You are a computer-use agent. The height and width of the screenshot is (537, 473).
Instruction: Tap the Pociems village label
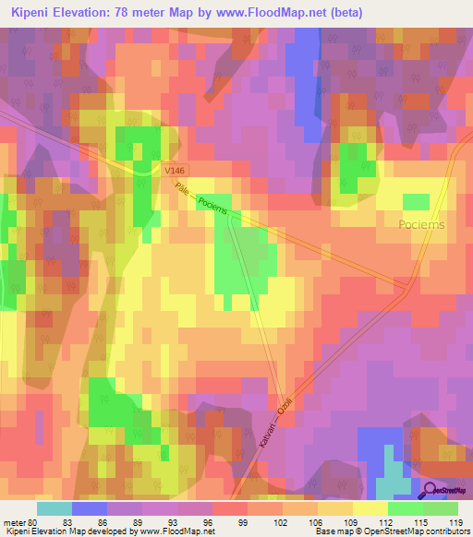click(x=421, y=224)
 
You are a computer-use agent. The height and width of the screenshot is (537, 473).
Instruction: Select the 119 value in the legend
click(x=455, y=522)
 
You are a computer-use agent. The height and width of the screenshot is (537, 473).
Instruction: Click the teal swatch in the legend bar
click(x=55, y=508)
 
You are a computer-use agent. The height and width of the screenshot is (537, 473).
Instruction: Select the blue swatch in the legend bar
click(x=90, y=508)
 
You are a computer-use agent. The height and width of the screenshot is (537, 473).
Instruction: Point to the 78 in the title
click(x=146, y=13)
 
